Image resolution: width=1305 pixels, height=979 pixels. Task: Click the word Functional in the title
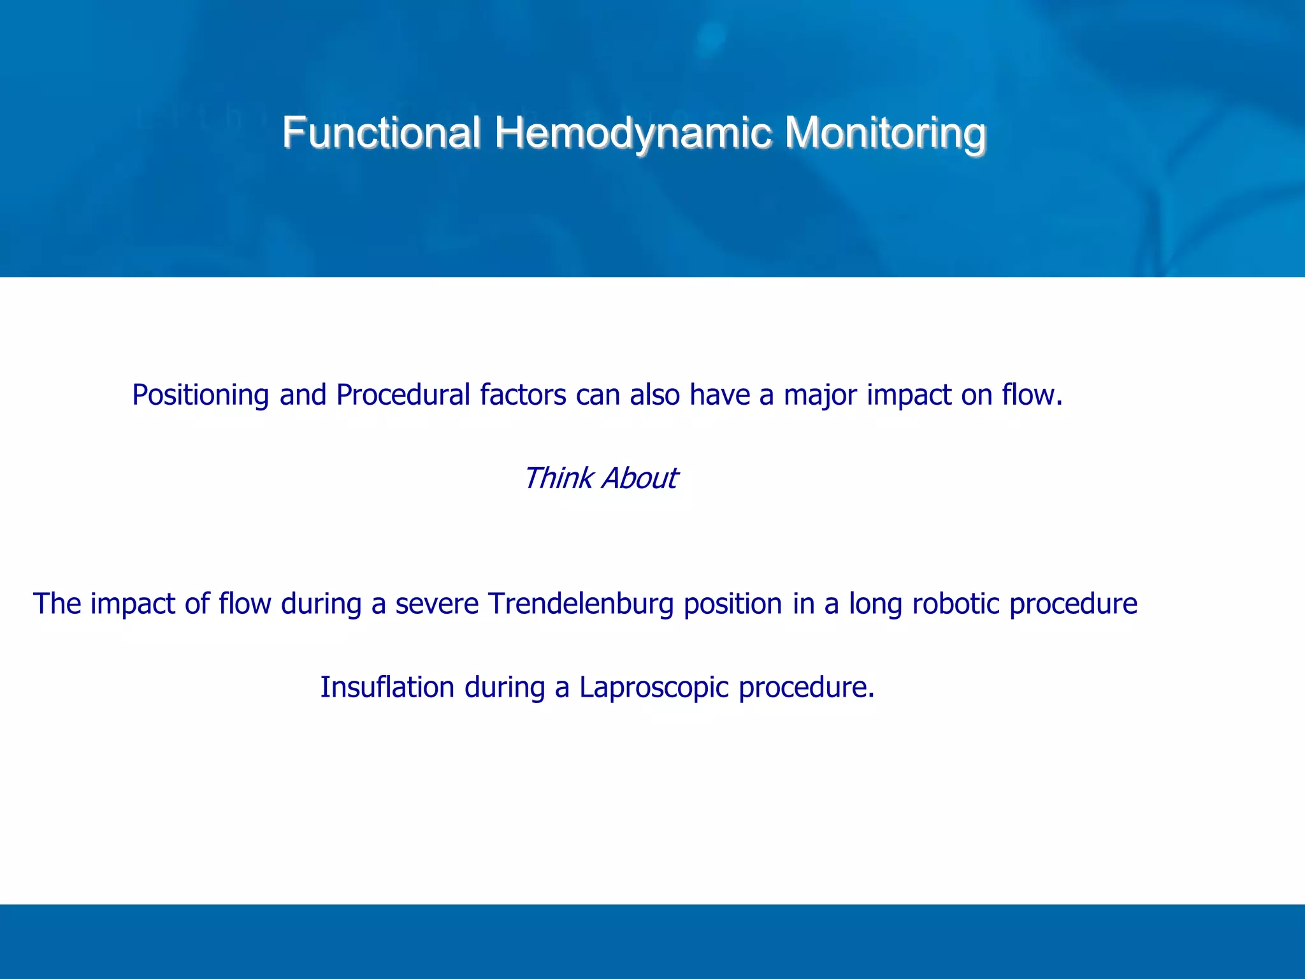click(x=381, y=133)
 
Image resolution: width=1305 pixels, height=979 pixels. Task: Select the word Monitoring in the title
click(x=885, y=134)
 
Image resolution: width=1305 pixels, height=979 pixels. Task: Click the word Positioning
click(x=201, y=395)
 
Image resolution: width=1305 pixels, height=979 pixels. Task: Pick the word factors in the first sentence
click(x=523, y=395)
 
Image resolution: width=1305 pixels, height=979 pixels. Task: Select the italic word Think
click(x=558, y=478)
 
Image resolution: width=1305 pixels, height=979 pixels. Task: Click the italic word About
click(x=640, y=478)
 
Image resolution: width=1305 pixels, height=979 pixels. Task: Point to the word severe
click(x=436, y=604)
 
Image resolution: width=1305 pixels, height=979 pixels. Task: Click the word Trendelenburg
click(x=580, y=604)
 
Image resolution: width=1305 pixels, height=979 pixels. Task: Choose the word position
click(x=733, y=604)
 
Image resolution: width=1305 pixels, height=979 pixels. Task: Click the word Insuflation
click(x=387, y=687)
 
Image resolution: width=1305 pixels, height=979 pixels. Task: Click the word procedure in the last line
click(x=806, y=688)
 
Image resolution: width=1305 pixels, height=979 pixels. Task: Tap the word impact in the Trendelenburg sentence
click(x=133, y=604)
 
